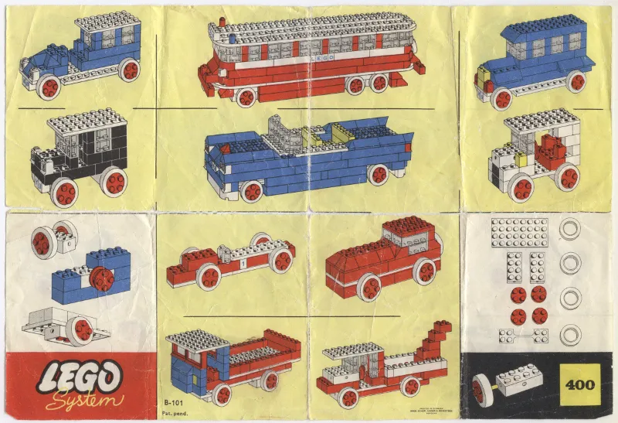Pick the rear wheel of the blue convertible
(378, 174)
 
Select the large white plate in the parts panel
(519, 232)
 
